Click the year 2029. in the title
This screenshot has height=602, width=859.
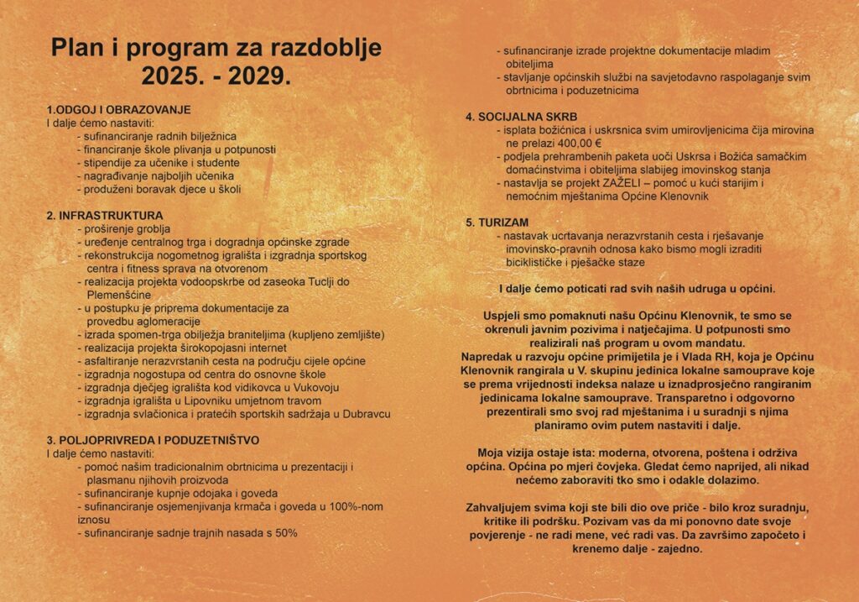point(255,76)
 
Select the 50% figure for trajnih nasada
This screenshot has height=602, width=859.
point(285,532)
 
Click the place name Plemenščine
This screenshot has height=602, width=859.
point(118,295)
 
